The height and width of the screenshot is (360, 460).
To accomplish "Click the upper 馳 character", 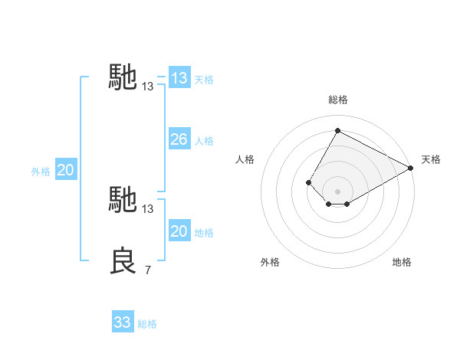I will tap(123, 77).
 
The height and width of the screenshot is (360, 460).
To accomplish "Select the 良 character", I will tap(124, 260).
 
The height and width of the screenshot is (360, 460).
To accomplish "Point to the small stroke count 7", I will tap(147, 270).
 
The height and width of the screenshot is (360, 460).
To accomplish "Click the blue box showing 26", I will tap(179, 139).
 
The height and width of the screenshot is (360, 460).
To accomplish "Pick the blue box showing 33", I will tap(123, 322).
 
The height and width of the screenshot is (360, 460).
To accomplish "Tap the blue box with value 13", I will tap(179, 78).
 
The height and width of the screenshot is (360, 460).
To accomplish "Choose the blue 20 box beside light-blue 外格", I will tap(65, 170).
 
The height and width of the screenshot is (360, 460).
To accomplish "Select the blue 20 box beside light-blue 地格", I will tap(179, 231).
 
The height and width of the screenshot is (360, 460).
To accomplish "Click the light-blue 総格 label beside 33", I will tap(147, 324).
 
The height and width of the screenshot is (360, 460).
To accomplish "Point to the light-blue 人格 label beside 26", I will tap(204, 141).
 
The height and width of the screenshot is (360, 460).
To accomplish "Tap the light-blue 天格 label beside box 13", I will tap(204, 80).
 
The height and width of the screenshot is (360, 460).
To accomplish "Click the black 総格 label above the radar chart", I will tap(338, 100).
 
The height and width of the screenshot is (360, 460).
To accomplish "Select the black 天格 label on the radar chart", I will tap(431, 159).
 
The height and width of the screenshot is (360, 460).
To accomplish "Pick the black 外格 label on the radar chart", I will tap(270, 262).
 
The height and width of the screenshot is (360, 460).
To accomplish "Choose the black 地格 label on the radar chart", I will tap(402, 262).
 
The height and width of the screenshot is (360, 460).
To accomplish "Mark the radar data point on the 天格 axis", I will tap(411, 168).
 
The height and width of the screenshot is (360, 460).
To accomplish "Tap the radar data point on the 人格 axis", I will tap(308, 182).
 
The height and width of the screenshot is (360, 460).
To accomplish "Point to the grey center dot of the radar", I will tap(337, 191).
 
